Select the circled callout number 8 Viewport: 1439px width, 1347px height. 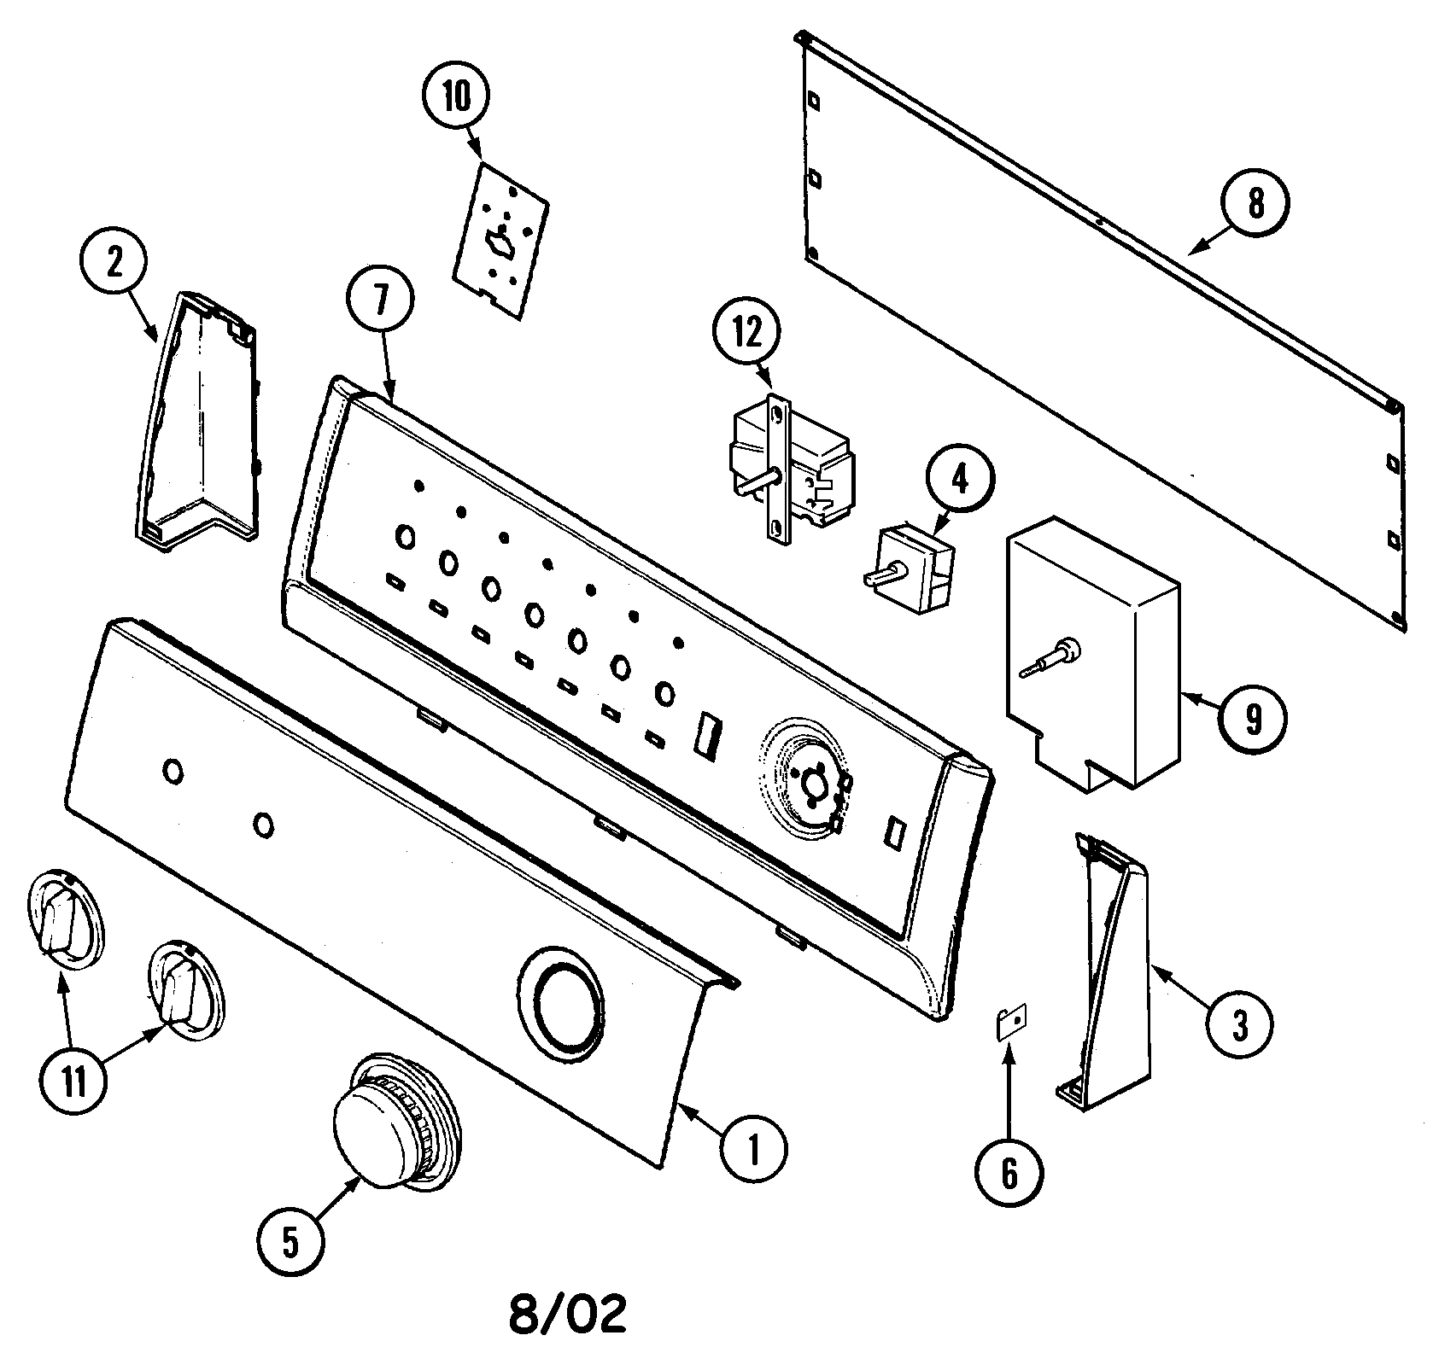coord(1255,205)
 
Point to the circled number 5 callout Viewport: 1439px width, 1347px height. coord(291,1244)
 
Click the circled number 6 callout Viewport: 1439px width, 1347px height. coord(1009,1174)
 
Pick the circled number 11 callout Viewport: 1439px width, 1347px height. coord(74,1082)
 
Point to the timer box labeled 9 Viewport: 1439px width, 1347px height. coord(1093,657)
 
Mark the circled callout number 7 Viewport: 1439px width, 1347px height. coord(380,301)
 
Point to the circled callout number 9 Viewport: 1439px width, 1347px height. coord(1252,720)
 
